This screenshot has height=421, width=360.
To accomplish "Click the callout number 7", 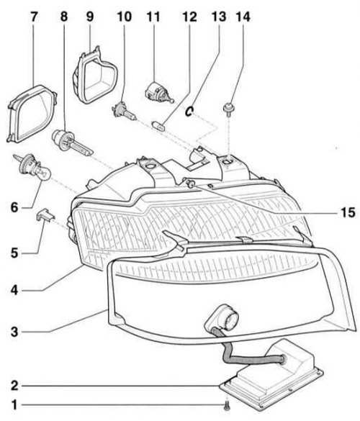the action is point(33,17).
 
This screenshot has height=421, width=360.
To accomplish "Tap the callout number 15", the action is point(348,212).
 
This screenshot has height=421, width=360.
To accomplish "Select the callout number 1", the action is point(15,405).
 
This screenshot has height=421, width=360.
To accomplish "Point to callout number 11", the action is point(153,17).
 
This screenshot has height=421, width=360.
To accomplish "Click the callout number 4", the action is point(14,290).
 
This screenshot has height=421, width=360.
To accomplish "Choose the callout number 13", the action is point(219,17).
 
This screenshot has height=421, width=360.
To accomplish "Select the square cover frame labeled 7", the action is point(32,114).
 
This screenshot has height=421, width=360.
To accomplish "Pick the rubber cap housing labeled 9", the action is point(95,75).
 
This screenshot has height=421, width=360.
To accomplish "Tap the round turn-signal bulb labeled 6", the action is point(33,167).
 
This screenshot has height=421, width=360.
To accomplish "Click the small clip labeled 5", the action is point(45,214).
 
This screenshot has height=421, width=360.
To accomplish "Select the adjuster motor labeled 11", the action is point(159,93).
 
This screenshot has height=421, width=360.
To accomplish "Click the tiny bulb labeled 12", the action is point(158,125).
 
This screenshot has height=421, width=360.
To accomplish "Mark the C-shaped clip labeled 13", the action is point(189,111).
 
